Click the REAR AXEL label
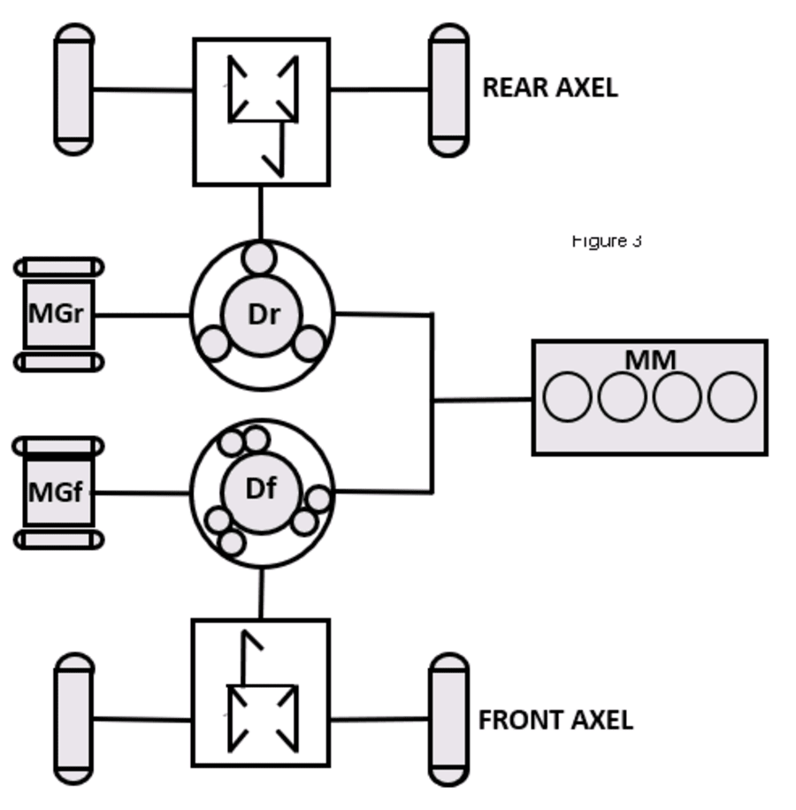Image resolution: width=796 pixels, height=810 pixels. (549, 88)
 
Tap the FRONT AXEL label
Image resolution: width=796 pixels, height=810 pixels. (555, 720)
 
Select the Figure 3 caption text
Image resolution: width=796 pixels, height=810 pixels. (607, 241)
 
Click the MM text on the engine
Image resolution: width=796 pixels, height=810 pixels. (650, 360)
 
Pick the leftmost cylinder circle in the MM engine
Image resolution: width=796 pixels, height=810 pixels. (567, 397)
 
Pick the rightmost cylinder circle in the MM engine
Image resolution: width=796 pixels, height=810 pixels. (731, 397)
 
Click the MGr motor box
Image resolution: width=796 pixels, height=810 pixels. (57, 314)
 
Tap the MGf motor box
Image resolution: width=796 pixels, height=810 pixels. (57, 493)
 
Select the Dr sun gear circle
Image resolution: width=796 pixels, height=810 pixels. (262, 315)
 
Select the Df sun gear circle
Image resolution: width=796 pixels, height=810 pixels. (261, 489)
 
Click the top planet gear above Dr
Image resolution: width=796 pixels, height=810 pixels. (260, 258)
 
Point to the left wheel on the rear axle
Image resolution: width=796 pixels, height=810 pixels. (74, 89)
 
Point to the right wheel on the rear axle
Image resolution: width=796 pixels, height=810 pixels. (448, 89)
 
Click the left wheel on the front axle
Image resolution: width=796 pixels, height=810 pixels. (74, 719)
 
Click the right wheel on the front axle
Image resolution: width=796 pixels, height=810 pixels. (448, 719)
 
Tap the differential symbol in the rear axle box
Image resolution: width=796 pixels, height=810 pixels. (263, 89)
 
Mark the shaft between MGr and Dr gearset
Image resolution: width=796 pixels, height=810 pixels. (142, 315)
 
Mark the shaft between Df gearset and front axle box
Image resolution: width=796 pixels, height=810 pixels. (261, 593)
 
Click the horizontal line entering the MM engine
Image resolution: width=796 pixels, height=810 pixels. (482, 400)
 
